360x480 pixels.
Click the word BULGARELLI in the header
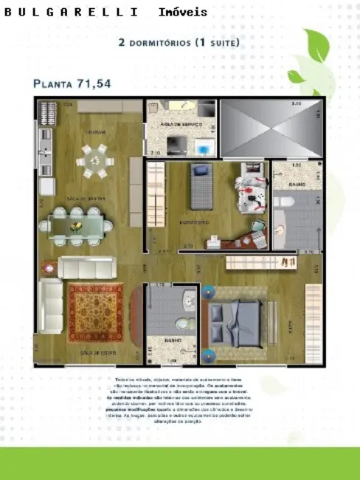click(71, 13)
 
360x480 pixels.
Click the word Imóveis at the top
click(182, 13)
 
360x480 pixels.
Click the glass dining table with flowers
click(77, 225)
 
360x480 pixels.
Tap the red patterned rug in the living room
click(96, 312)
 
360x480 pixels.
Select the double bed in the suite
click(237, 320)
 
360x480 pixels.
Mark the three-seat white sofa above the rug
click(86, 267)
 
